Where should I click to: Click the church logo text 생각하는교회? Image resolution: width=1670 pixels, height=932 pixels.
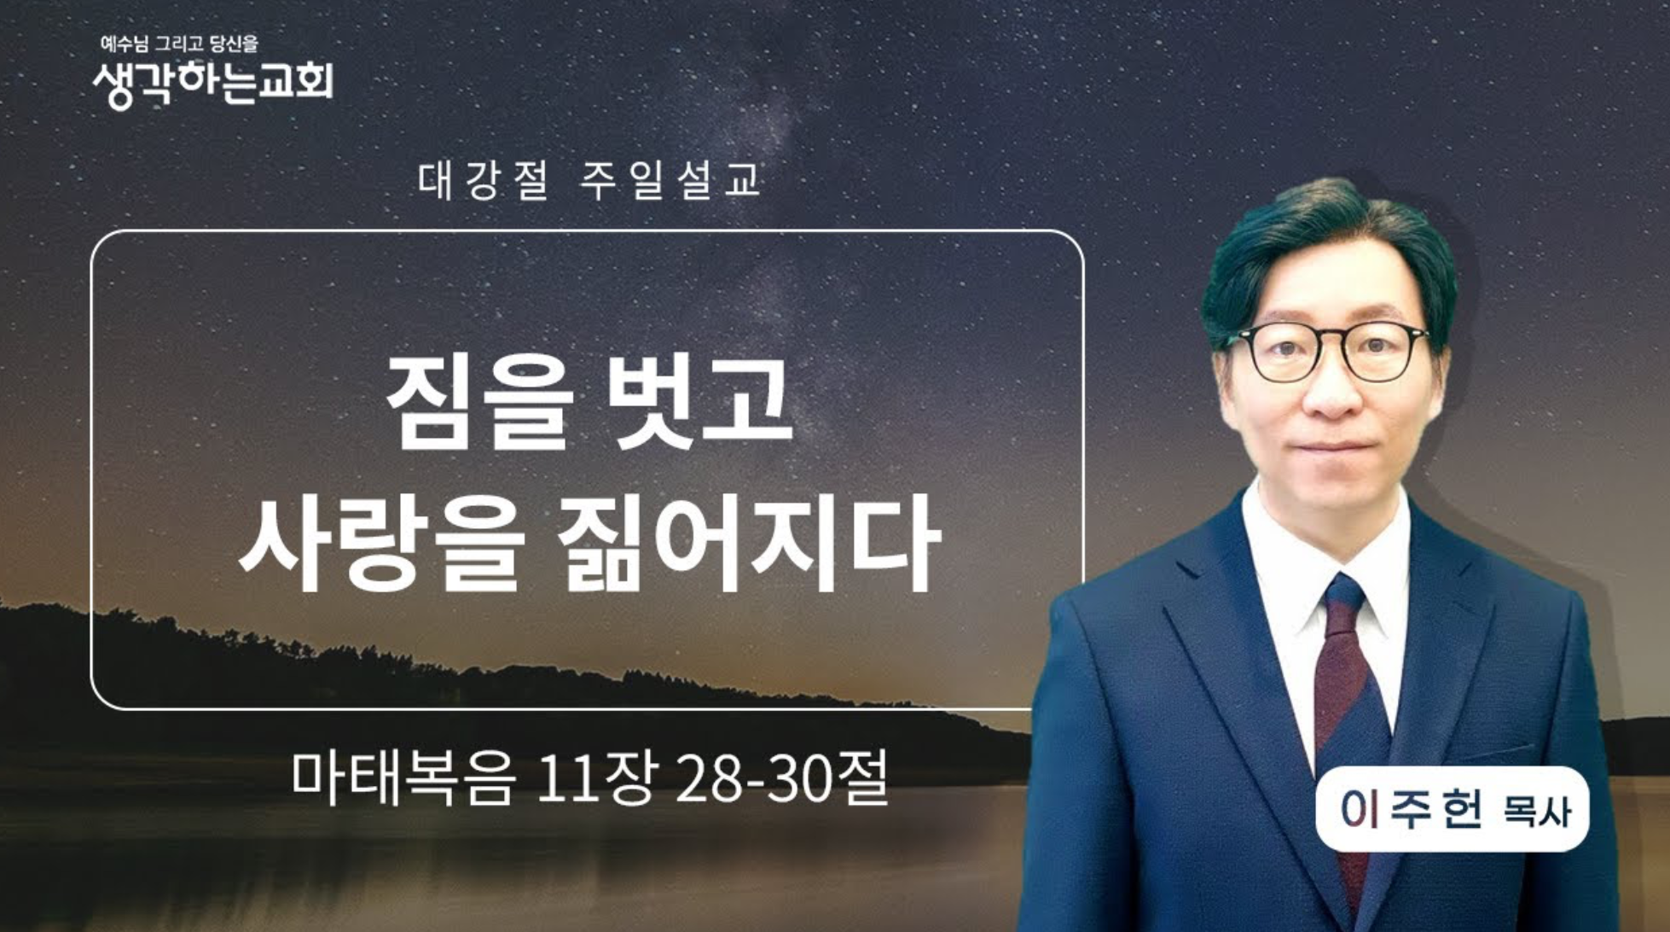coord(212,84)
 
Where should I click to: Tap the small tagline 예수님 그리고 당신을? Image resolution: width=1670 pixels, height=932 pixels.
coord(179,44)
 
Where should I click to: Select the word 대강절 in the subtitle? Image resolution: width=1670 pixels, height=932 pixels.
coord(484,180)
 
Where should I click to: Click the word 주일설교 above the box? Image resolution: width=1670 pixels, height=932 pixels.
coord(670,180)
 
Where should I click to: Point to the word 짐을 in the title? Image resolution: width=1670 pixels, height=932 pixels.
coord(478,401)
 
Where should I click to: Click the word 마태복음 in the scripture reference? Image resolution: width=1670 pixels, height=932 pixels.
coord(403,778)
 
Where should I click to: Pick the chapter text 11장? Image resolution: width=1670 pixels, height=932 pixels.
coord(596,778)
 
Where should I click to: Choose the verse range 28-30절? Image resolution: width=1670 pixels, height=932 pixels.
coord(781,778)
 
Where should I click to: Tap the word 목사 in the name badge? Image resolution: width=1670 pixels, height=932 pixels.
coord(1536,812)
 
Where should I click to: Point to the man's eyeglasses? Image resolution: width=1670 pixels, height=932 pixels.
coord(1331,350)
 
